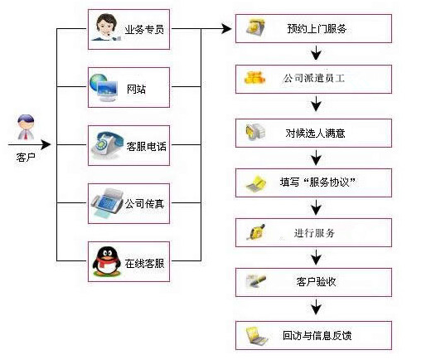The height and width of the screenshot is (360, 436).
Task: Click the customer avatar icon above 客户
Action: (x=26, y=127)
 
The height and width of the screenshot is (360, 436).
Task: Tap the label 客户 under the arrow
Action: (x=26, y=158)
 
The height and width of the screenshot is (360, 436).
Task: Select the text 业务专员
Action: (x=144, y=30)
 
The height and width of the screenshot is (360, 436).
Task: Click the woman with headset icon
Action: (x=105, y=27)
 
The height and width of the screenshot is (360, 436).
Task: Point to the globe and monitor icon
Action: (x=103, y=88)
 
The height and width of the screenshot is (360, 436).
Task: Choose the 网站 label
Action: (x=136, y=89)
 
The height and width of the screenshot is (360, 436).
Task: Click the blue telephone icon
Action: (x=107, y=145)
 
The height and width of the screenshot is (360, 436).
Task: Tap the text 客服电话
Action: (x=146, y=146)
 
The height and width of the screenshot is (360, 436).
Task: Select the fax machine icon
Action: (x=108, y=203)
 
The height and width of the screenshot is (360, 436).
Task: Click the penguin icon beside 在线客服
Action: (x=107, y=261)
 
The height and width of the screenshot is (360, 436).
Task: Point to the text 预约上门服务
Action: (x=317, y=29)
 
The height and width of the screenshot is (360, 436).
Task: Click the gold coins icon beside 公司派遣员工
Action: (x=254, y=77)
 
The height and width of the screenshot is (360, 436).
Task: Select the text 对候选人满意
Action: (x=315, y=134)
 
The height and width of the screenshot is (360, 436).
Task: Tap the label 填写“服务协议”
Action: (x=317, y=182)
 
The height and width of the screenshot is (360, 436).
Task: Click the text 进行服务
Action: (x=314, y=233)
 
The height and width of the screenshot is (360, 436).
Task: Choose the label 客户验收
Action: (x=316, y=282)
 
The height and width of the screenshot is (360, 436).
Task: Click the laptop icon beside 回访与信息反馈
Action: (x=256, y=336)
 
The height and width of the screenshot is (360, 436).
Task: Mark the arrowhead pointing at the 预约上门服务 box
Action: (x=226, y=28)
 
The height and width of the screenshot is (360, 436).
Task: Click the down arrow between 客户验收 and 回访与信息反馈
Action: (x=316, y=307)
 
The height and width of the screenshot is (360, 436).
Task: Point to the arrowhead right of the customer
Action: (x=46, y=144)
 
